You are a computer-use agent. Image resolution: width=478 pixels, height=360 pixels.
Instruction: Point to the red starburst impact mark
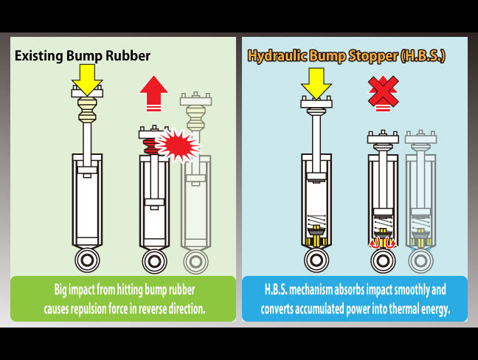(178, 145)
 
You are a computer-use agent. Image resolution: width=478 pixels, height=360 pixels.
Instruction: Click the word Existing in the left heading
(42, 55)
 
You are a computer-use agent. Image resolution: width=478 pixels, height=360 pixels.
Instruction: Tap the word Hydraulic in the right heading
(276, 56)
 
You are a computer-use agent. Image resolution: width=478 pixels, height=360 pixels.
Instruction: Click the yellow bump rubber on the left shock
(87, 111)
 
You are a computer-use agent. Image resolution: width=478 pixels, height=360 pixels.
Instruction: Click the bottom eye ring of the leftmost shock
(86, 260)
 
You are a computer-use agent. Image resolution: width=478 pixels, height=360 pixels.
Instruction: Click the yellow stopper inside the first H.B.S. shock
(315, 240)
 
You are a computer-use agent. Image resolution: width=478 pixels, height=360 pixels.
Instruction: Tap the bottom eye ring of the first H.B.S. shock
(316, 260)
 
